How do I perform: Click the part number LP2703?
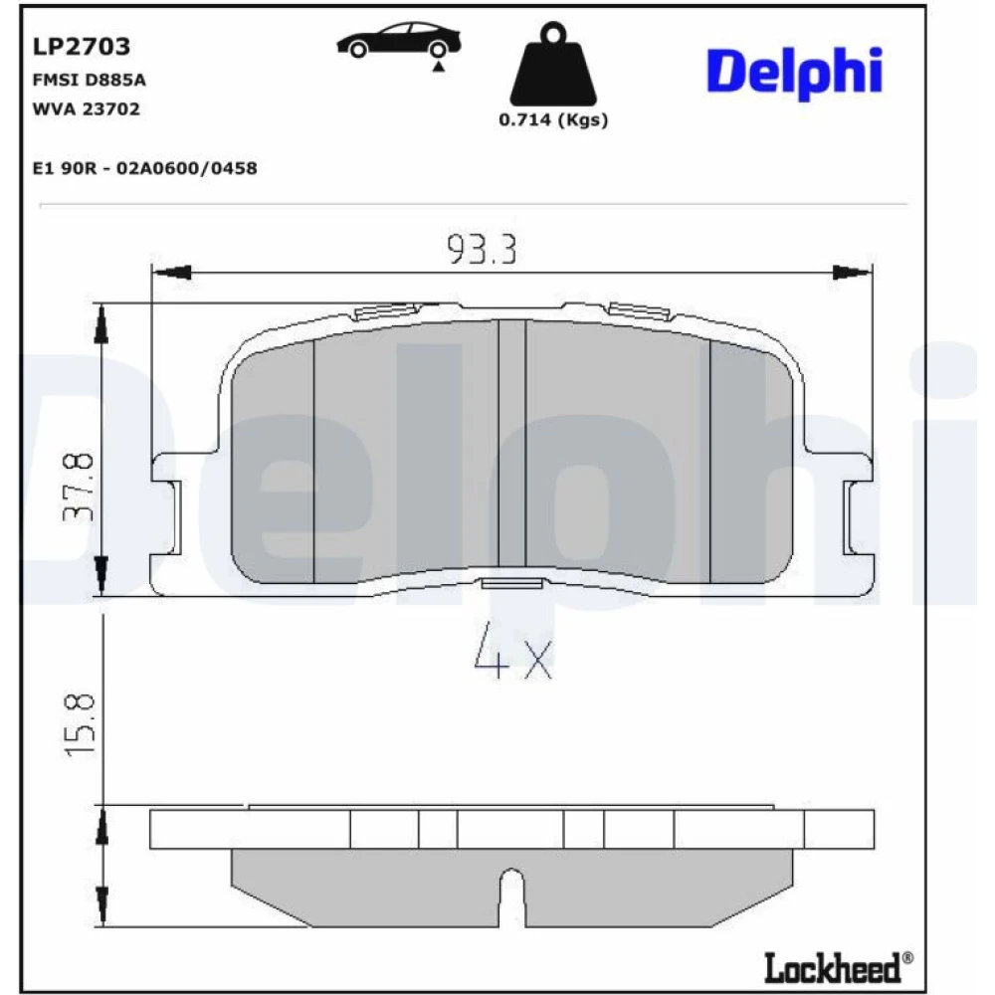click(x=82, y=47)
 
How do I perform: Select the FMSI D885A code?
click(x=89, y=80)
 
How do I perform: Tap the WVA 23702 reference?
click(x=87, y=109)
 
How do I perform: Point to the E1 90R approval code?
click(x=144, y=168)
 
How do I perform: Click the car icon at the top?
click(x=399, y=42)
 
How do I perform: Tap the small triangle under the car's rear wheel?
click(x=438, y=66)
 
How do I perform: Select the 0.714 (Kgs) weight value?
click(x=553, y=120)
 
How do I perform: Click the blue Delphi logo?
click(x=794, y=73)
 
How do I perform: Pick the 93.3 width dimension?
click(x=483, y=250)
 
